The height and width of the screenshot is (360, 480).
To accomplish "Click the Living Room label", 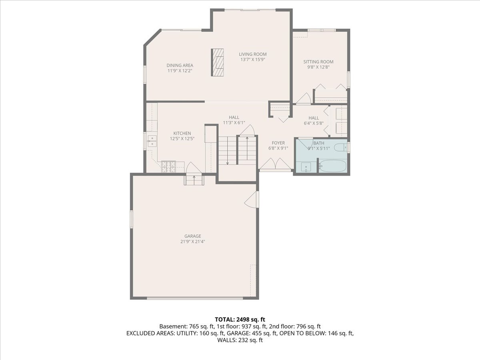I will [x=252, y=54].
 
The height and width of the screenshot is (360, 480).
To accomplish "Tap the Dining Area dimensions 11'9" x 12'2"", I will [x=180, y=70].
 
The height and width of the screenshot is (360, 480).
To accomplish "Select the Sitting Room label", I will [x=318, y=62].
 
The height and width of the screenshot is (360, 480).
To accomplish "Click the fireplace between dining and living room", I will [x=218, y=62].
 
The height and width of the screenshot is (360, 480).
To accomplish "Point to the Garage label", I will [x=192, y=236].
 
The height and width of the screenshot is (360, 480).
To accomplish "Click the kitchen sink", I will [x=152, y=140].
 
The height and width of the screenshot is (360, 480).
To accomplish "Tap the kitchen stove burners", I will [x=168, y=167].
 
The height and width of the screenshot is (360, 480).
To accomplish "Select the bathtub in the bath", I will [x=332, y=166].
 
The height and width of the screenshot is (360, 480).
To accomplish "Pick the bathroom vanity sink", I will [x=306, y=167].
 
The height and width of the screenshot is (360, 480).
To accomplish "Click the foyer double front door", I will [x=275, y=165].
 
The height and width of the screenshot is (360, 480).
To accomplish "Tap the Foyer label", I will [x=278, y=143].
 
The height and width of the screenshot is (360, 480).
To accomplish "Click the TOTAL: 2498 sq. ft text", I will [x=240, y=319].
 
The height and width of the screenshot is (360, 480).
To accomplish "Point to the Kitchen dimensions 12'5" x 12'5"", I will [x=182, y=139].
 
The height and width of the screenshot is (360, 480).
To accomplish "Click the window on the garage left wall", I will [x=131, y=219].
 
